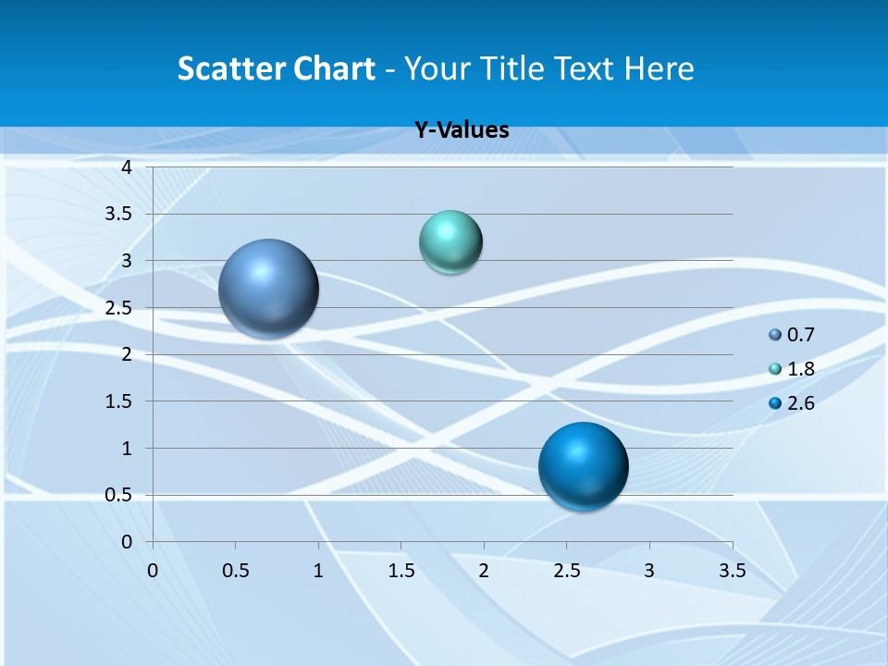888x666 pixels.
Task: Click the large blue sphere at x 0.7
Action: pos(269,289)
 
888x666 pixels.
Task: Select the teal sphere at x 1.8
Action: pos(450,242)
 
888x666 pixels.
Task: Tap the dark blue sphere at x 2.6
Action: pos(583,466)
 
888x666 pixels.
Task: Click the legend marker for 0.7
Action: pos(775,336)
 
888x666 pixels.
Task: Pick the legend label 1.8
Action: pos(800,369)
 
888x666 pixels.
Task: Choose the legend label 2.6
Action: pos(800,403)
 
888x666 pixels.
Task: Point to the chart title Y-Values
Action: pos(462,130)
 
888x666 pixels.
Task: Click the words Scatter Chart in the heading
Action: pos(276,68)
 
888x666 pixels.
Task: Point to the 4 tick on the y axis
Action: pos(127,167)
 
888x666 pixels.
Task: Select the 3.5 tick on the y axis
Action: pos(119,215)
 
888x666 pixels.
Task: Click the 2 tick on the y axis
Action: pos(127,354)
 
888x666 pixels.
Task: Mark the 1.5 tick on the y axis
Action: pos(119,401)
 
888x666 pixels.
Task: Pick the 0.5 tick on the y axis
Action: pos(119,496)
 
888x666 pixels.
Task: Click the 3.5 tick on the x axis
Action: pos(732,571)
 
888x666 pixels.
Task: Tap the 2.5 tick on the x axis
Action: pos(566,571)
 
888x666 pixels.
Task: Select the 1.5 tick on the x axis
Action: pos(401,571)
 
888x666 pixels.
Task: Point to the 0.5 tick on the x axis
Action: pos(235,571)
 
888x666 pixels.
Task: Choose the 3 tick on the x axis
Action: pos(649,571)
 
